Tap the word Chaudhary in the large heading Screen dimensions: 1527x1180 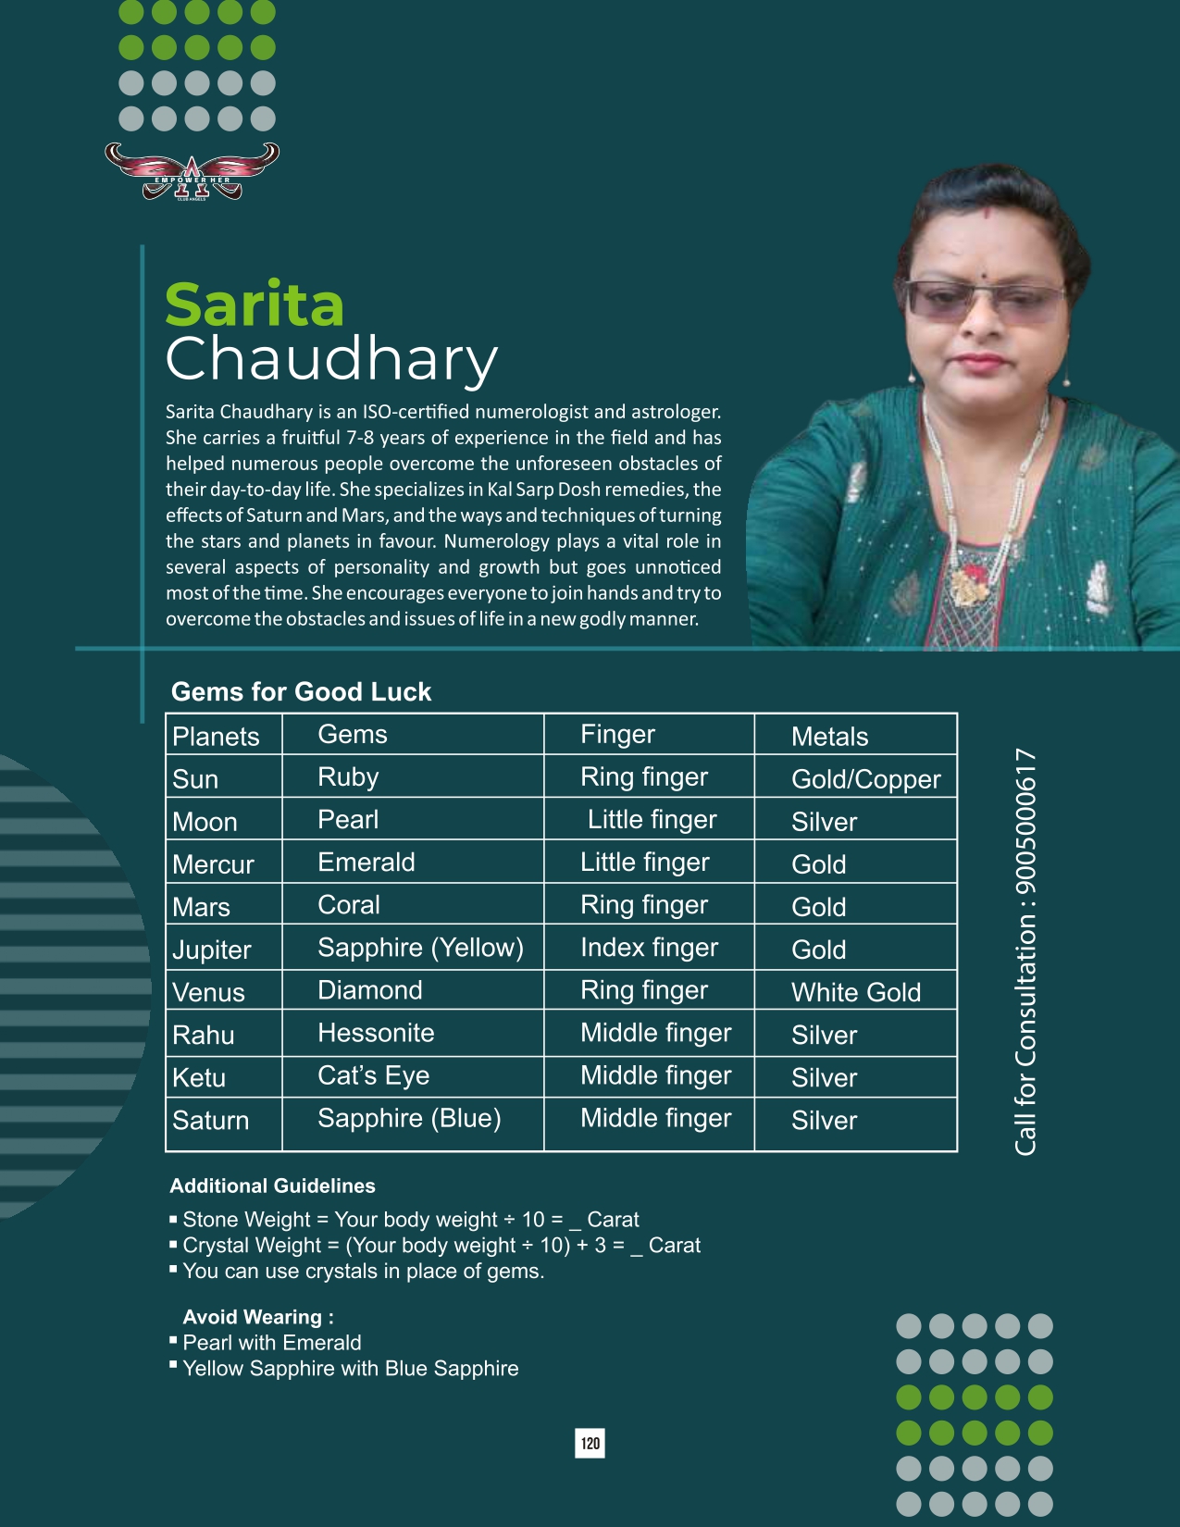[x=331, y=360]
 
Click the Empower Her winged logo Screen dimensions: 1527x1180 [x=192, y=171]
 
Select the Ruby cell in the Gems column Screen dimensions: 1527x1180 [x=348, y=777]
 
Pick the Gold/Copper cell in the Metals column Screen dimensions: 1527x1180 [x=865, y=779]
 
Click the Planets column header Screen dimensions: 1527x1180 [x=216, y=737]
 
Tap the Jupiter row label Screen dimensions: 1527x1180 [x=212, y=950]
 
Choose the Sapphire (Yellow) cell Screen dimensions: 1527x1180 [x=420, y=948]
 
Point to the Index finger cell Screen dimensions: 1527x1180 [x=649, y=948]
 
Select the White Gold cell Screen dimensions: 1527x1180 [x=856, y=992]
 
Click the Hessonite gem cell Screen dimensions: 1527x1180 [x=376, y=1033]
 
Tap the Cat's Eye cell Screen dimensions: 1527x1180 [x=373, y=1075]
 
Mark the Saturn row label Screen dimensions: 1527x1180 [x=211, y=1120]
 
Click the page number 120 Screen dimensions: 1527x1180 [x=590, y=1444]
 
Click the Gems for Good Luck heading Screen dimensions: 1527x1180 [x=301, y=691]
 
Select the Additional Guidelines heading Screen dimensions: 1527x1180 [x=272, y=1186]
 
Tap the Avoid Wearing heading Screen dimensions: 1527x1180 [x=258, y=1317]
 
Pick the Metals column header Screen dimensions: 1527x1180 [x=829, y=737]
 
